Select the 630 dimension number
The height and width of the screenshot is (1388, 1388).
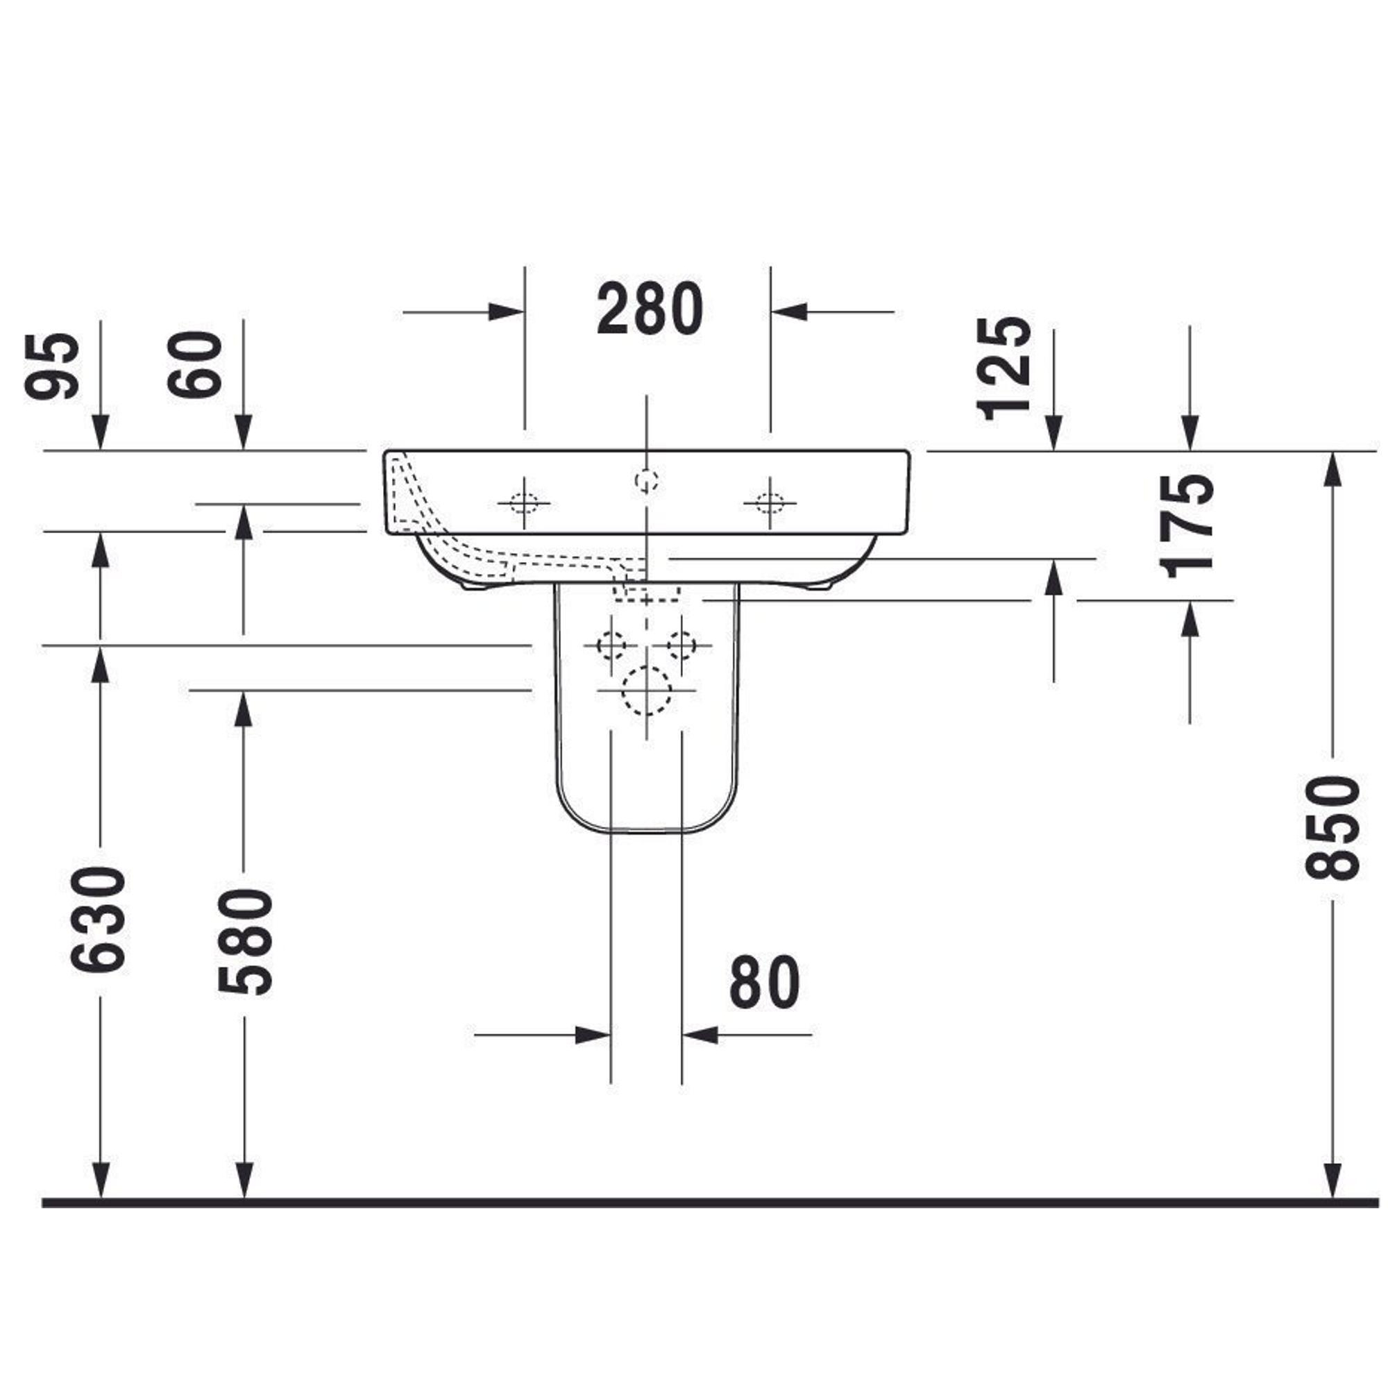coord(99,919)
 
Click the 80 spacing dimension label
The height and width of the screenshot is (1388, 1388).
coord(763,981)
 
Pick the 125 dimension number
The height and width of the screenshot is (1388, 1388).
coord(1004,368)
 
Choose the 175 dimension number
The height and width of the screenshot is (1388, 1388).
coord(1187,527)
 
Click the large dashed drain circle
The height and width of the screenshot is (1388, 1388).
coord(647,691)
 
